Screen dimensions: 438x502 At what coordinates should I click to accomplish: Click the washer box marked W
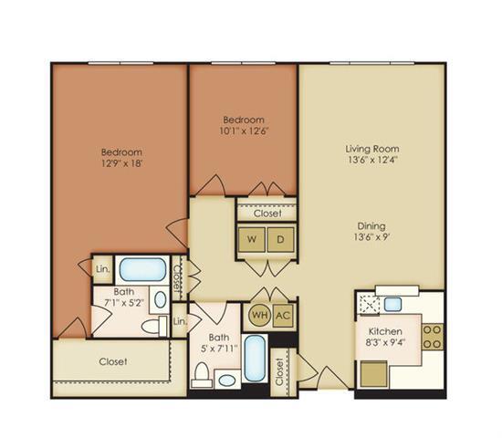click(251, 240)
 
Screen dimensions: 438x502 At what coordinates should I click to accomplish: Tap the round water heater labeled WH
click(258, 316)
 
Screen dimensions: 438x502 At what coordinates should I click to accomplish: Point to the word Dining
click(371, 225)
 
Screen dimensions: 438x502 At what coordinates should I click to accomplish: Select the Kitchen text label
click(384, 331)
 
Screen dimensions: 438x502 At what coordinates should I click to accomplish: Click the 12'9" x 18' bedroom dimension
click(120, 164)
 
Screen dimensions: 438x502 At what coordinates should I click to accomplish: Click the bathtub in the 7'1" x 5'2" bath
click(143, 269)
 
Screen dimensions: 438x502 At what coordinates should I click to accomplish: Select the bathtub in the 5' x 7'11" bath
click(256, 362)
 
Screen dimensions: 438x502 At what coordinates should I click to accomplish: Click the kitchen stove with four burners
click(433, 337)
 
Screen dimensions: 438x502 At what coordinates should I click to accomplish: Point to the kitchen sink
click(393, 304)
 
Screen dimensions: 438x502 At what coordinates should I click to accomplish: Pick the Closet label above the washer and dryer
click(267, 214)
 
